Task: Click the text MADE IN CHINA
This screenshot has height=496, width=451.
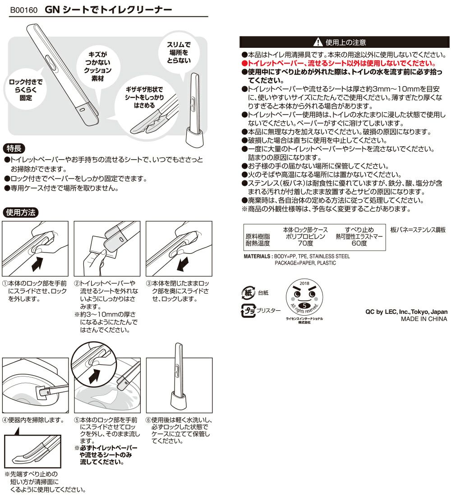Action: pos(424,319)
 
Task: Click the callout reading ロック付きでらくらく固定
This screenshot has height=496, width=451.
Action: pos(26,89)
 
